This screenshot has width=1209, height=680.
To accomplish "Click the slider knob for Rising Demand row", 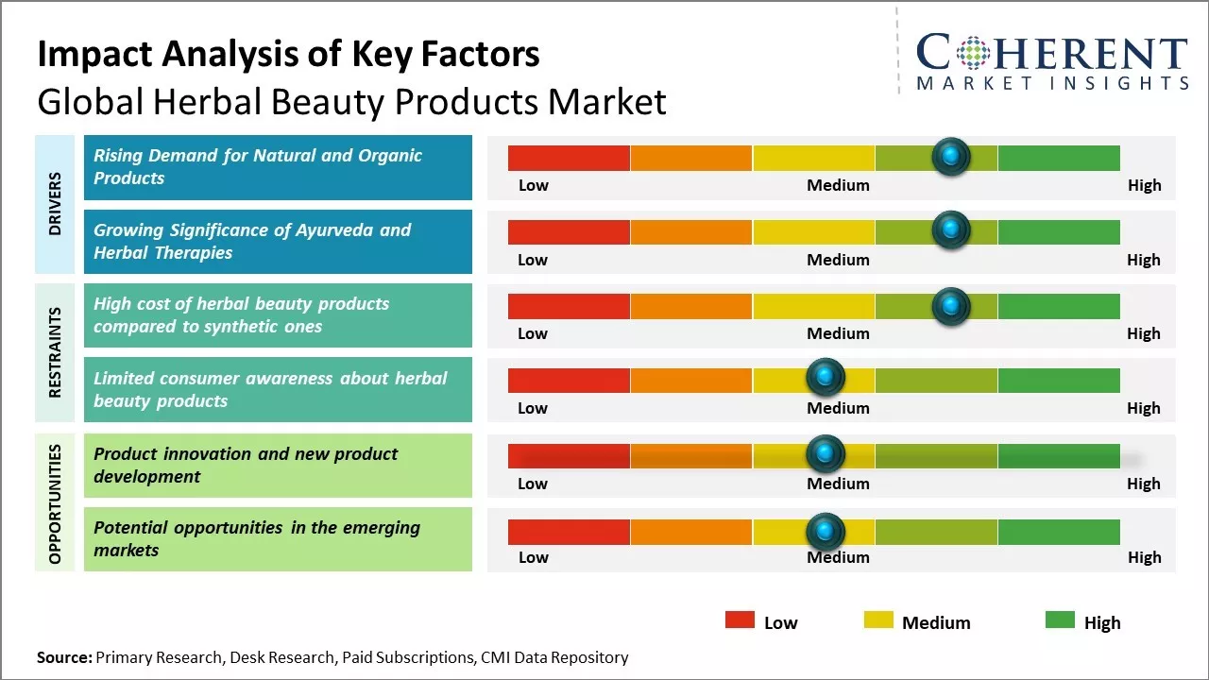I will pyautogui.click(x=950, y=156).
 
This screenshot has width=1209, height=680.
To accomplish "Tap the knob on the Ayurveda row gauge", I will pyautogui.click(x=950, y=229).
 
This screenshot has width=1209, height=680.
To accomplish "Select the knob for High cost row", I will pyautogui.click(x=950, y=305).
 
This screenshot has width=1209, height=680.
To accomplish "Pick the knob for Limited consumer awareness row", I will pyautogui.click(x=826, y=378).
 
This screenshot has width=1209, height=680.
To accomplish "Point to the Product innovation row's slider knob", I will pyautogui.click(x=826, y=453).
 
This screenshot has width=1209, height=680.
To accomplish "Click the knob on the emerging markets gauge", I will pyautogui.click(x=826, y=531).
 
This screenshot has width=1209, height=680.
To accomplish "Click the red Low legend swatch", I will pyautogui.click(x=740, y=620).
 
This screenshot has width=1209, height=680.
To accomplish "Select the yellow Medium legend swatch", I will pyautogui.click(x=878, y=620).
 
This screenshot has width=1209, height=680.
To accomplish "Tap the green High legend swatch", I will pyautogui.click(x=1060, y=620).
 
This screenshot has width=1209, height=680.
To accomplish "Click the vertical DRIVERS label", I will pyautogui.click(x=55, y=204).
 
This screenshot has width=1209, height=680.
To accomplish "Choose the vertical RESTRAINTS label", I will pyautogui.click(x=55, y=351).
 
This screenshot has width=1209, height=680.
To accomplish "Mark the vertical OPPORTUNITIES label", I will pyautogui.click(x=55, y=503).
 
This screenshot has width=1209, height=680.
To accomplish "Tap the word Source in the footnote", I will pyautogui.click(x=64, y=657).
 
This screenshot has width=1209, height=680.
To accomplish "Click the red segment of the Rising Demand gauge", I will pyautogui.click(x=569, y=158).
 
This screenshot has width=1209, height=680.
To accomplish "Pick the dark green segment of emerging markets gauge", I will pyautogui.click(x=1058, y=532).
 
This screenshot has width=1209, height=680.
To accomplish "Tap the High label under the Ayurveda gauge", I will pyautogui.click(x=1143, y=260).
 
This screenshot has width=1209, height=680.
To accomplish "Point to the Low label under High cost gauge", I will pyautogui.click(x=533, y=333).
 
